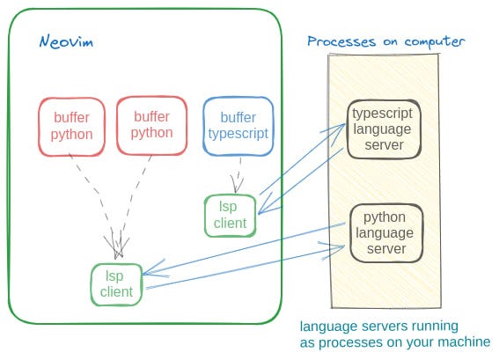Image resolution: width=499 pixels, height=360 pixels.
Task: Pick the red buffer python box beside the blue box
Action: pyautogui.click(x=151, y=125)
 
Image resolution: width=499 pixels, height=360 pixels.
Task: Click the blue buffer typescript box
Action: pyautogui.click(x=238, y=125)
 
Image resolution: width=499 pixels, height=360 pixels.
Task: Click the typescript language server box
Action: pyautogui.click(x=384, y=129)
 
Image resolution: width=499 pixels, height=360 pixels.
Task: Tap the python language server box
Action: pyautogui.click(x=385, y=233)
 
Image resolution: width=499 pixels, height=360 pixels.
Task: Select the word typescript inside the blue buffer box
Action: pyautogui.click(x=238, y=134)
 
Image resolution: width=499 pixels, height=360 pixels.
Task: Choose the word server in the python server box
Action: pyautogui.click(x=386, y=249)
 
